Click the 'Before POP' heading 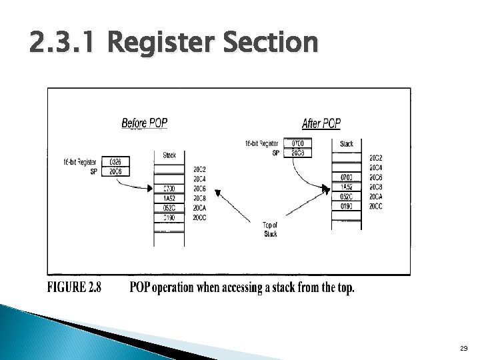tap(144, 123)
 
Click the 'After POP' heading tap(321, 123)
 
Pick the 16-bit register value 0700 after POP tap(297, 143)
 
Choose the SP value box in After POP tap(297, 153)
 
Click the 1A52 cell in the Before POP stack tap(169, 199)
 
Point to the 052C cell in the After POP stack tap(347, 197)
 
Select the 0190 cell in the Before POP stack tap(169, 218)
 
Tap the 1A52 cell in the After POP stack tap(347, 187)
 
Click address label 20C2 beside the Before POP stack tap(199, 169)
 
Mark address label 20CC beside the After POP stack tap(376, 206)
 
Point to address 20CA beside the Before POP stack tap(199, 208)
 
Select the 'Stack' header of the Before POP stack tap(169, 155)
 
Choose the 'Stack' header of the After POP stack tap(347, 144)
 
